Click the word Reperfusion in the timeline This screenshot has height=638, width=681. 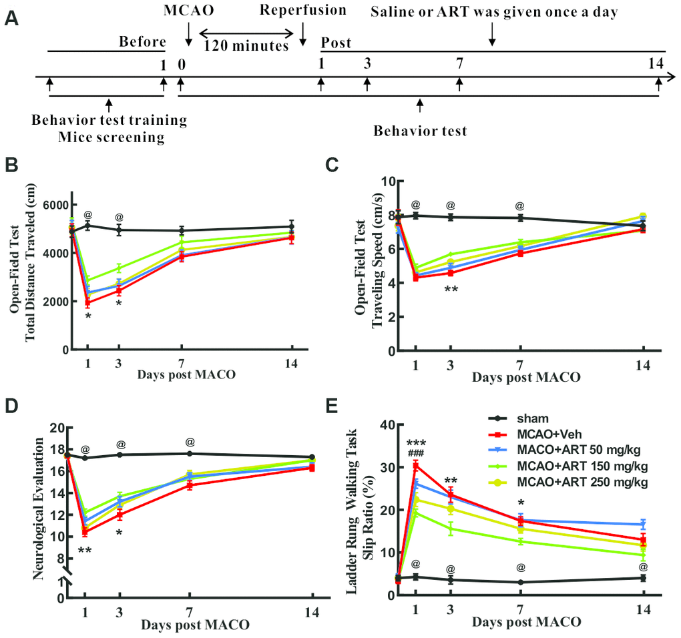click(x=304, y=10)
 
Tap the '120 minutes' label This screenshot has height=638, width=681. click(x=246, y=46)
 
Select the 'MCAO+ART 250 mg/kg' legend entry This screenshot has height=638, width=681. click(x=582, y=481)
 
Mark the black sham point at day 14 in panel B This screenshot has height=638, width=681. click(x=292, y=228)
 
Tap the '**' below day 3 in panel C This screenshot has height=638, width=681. click(x=451, y=290)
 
